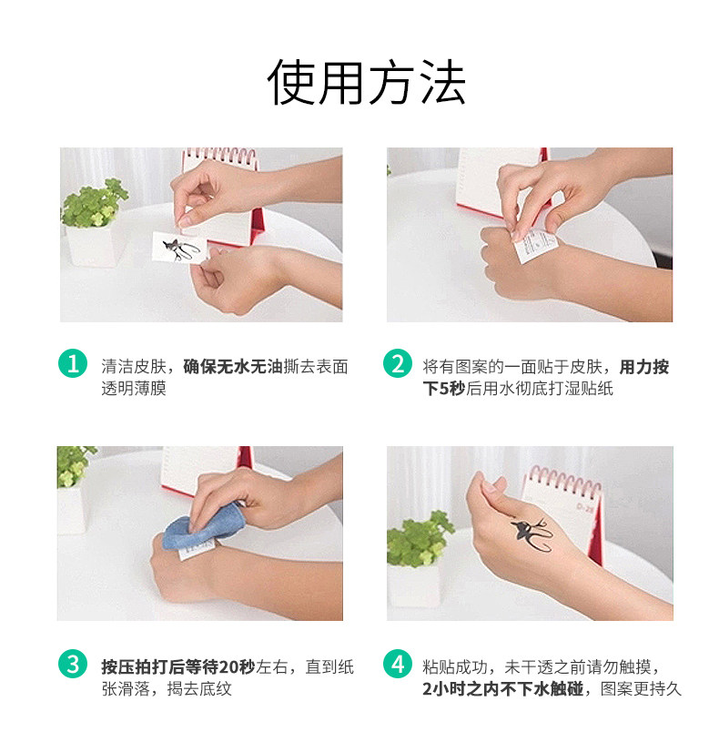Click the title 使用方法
coord(366,82)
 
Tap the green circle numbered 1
coord(73,363)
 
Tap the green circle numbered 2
coord(398,363)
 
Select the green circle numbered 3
coord(73,664)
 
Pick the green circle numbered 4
coord(398,664)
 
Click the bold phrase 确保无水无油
coord(233,367)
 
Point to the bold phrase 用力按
coord(644,367)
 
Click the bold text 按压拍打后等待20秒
coord(178,666)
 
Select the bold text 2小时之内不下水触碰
coord(503,688)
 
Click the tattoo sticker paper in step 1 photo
coord(179,248)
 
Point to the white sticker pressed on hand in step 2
coord(535,243)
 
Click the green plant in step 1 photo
coord(95,203)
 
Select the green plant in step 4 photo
coord(419,539)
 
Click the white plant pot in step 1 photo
coord(95,246)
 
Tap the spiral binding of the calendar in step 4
coord(564,481)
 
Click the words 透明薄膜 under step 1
coord(134,389)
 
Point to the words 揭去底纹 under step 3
coord(199,688)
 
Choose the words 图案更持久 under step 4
coord(641,688)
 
